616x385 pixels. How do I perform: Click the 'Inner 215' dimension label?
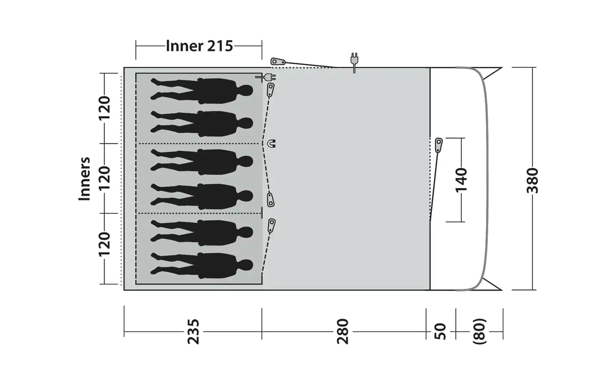click(x=199, y=46)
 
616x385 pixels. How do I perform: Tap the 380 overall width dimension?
click(x=532, y=181)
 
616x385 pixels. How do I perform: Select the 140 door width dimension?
click(x=461, y=180)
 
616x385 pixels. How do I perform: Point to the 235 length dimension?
click(x=193, y=331)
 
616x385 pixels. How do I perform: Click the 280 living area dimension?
click(x=343, y=331)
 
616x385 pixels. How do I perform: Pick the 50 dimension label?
click(x=440, y=331)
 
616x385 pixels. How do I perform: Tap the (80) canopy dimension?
click(x=479, y=331)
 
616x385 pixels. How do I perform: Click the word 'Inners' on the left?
click(x=84, y=179)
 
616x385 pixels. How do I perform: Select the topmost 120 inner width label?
click(x=104, y=108)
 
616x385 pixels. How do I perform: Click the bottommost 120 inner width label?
click(x=104, y=244)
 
